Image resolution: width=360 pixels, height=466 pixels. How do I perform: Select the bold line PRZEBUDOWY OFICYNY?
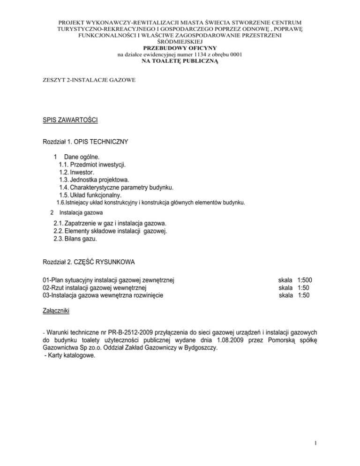pos(180,48)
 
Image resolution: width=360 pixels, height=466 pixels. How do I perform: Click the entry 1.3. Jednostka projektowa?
pos(97,180)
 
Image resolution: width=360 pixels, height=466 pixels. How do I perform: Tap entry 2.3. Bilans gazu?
pos(78,239)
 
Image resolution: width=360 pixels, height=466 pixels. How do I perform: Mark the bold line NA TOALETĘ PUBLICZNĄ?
pos(180,61)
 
